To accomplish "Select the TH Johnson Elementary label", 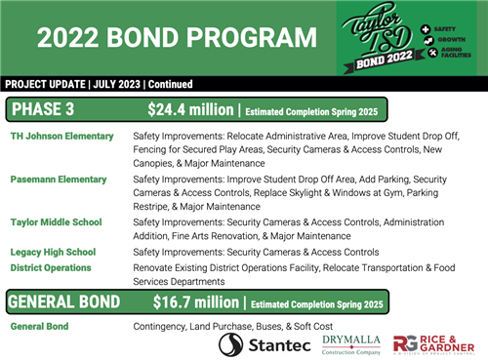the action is [x=61, y=136].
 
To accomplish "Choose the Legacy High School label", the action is [x=53, y=252].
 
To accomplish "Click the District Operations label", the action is [x=51, y=267].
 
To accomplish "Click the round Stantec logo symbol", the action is [x=231, y=344].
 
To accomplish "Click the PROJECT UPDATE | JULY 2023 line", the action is [x=98, y=84].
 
